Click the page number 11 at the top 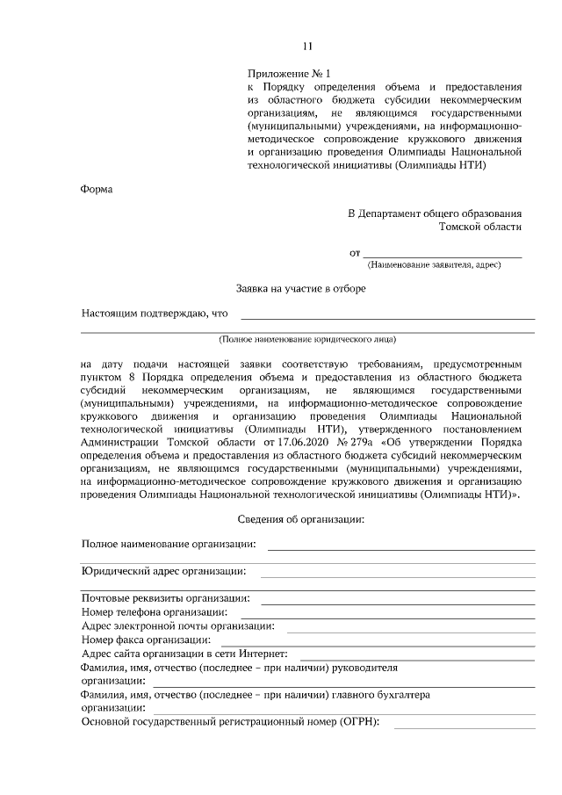(306, 46)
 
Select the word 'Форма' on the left (97, 188)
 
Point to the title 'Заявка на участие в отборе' (301, 287)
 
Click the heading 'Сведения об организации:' (301, 519)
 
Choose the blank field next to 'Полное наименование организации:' (400, 546)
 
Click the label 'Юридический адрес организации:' (163, 570)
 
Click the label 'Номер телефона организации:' (155, 611)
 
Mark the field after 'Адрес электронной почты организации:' (410, 629)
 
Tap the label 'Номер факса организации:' (144, 640)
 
